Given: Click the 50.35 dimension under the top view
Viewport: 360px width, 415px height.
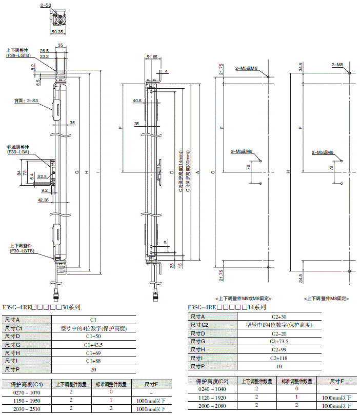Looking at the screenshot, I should coord(57,32).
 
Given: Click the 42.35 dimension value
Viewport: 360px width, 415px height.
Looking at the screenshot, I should coord(43,201).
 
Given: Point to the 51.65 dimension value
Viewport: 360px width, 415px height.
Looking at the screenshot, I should coord(151,57).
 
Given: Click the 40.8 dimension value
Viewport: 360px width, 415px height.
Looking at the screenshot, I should coord(137,101).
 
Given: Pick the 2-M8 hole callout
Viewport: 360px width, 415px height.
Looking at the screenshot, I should coord(337,65).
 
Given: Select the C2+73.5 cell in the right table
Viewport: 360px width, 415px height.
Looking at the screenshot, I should coord(279,341).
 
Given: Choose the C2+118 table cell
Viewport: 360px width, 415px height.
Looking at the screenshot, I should coord(279,358).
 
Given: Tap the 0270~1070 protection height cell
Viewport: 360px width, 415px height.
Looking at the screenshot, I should coord(25,392).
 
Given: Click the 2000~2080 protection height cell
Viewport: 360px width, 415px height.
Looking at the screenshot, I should coord(211,405).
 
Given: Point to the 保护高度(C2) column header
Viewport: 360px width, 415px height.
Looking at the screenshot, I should coord(211,381).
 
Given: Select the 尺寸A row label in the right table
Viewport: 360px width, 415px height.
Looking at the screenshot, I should coord(198,317).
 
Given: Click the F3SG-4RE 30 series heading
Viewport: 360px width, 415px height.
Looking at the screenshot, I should coord(42,308).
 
